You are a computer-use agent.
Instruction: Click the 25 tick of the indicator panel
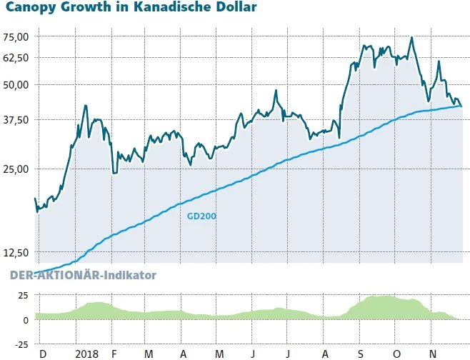[x=23, y=295]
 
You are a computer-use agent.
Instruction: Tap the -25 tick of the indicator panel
[x=21, y=344]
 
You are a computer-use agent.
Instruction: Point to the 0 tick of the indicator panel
[x=25, y=320]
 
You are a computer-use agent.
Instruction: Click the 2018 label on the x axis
[x=86, y=353]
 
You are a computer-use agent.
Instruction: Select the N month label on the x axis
[x=433, y=353]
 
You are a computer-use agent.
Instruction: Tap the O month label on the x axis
[x=397, y=353]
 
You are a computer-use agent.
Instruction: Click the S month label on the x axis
[x=361, y=353]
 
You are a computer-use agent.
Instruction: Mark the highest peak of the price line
[x=411, y=38]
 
